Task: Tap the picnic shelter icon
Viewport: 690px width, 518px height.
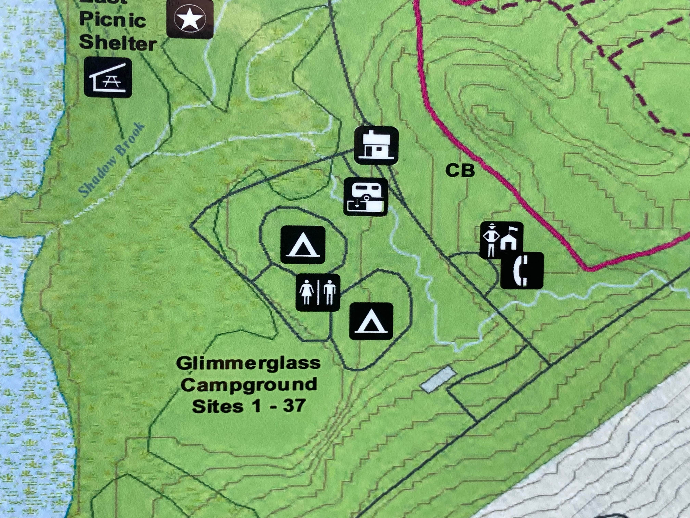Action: pyautogui.click(x=108, y=77)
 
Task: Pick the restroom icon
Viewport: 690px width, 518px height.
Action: pyautogui.click(x=318, y=293)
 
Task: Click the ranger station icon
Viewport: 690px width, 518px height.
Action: pyautogui.click(x=501, y=240)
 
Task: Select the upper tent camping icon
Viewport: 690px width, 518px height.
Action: pyautogui.click(x=303, y=245)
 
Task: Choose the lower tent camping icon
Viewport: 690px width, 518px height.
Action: pyautogui.click(x=371, y=321)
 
